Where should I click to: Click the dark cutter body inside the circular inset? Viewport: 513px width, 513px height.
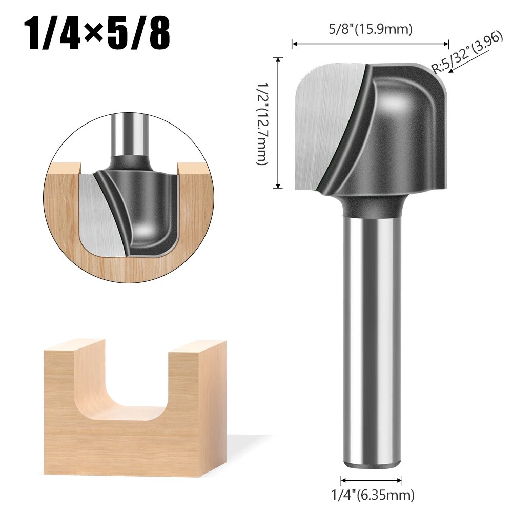[x=149, y=210]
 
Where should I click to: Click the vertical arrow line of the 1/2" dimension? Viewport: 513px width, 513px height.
[x=279, y=123]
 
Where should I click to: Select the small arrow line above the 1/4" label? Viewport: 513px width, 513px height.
[x=372, y=480]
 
